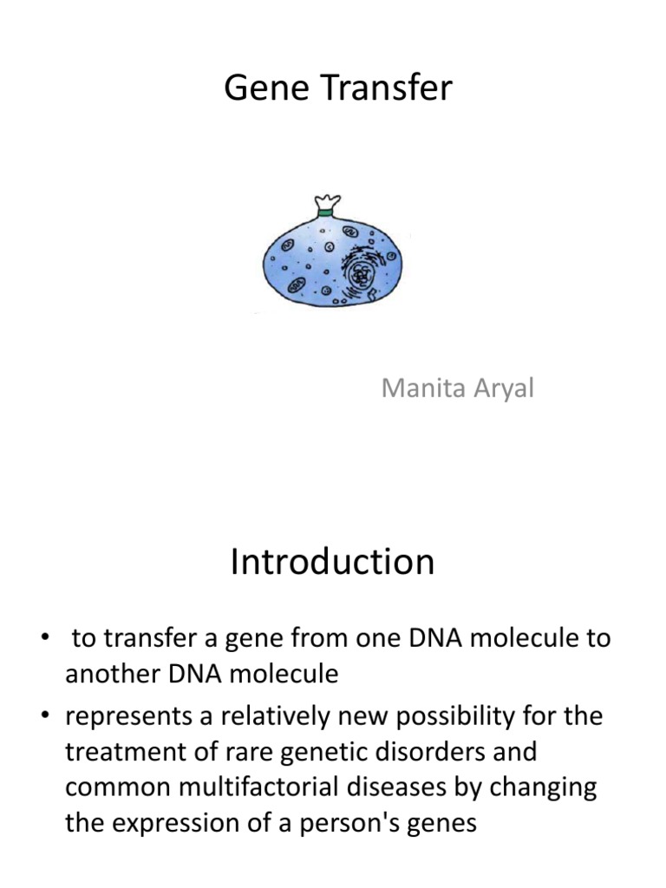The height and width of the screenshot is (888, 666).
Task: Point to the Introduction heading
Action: tap(332, 563)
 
